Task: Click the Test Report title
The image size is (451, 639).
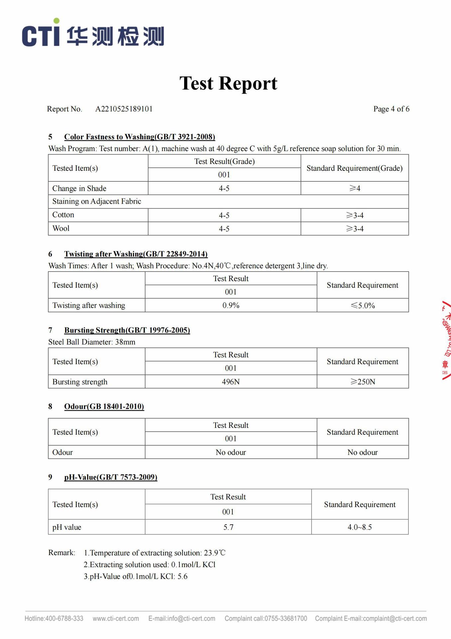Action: [228, 83]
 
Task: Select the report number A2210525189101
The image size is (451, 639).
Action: [124, 109]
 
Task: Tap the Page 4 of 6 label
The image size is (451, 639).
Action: [391, 109]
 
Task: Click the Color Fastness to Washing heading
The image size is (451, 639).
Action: [139, 137]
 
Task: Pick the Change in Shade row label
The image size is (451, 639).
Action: [79, 188]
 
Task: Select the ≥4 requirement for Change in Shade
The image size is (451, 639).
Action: [355, 188]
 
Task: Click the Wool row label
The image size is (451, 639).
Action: [61, 228]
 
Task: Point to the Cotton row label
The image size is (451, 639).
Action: [63, 215]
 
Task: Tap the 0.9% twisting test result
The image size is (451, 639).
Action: [231, 305]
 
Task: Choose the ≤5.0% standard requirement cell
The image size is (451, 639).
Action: [363, 305]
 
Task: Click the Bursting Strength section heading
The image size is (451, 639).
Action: [127, 330]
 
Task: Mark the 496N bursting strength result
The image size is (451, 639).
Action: [231, 382]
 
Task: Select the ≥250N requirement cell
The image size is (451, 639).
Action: [363, 382]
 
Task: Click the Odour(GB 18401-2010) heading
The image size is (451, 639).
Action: [104, 406]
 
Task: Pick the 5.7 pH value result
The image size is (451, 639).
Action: [228, 527]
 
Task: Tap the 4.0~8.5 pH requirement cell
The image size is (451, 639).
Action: [360, 527]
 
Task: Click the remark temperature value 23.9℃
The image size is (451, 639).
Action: [215, 553]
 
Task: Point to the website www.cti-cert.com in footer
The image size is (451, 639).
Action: [116, 618]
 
